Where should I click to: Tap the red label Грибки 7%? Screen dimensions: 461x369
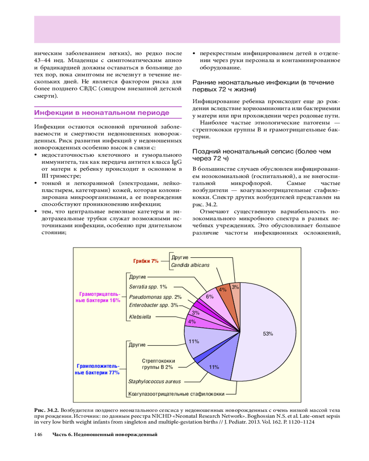pos(146,261)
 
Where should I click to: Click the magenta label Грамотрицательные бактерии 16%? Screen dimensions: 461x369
pos(97,297)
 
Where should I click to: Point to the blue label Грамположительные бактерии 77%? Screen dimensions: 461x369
pos(97,369)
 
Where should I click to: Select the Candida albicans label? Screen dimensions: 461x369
pos(190,265)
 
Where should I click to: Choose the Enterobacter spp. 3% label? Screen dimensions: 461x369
pos(154,305)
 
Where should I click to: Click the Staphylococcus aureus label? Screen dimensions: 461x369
pos(155,382)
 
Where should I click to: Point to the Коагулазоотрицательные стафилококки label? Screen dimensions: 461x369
pos(177,394)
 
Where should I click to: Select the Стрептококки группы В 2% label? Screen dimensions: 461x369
pos(157,364)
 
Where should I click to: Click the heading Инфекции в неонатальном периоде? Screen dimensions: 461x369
pos(102,112)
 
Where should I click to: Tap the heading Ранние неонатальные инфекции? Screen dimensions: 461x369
pos(263,85)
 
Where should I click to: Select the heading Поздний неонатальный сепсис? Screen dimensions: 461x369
pos(261,155)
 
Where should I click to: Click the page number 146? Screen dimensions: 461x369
pos(39,434)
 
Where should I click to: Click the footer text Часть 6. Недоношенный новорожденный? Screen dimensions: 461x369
pos(105,434)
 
